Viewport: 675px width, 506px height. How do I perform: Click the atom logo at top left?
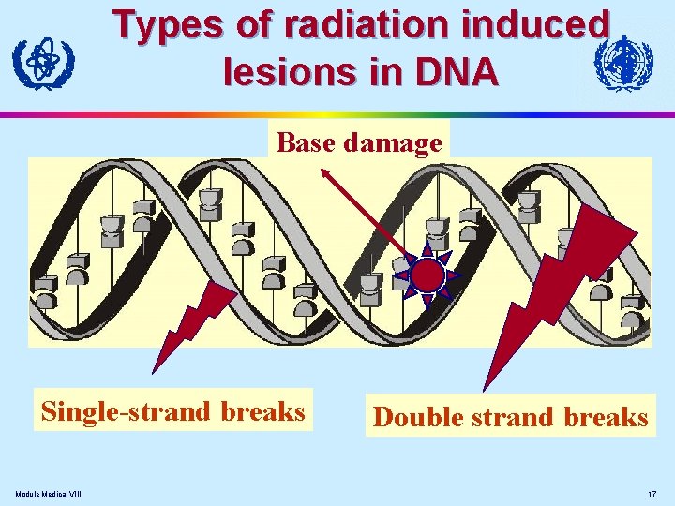click(43, 62)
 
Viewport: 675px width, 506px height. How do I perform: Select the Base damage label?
click(359, 142)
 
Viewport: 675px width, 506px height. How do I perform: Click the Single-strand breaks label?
click(172, 411)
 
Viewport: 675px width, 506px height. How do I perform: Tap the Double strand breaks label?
click(510, 417)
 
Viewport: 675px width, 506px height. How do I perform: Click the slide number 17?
click(652, 494)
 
